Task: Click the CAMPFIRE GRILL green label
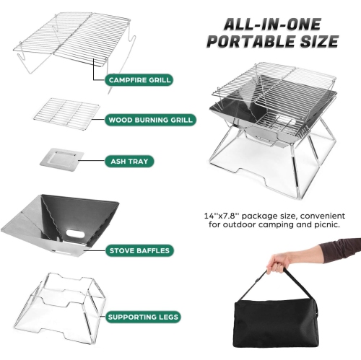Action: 140,79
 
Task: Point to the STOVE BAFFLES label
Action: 139,251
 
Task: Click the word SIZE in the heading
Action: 316,41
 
